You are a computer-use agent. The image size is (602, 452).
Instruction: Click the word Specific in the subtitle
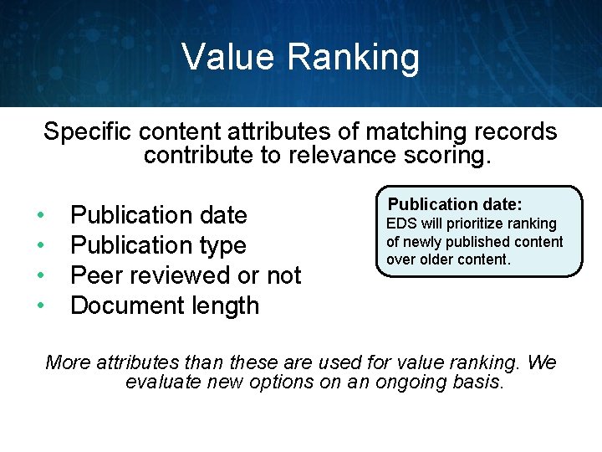89,132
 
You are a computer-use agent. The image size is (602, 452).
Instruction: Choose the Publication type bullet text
158,246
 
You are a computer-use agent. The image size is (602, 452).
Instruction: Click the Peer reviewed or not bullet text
186,275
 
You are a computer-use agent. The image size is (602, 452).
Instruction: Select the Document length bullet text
165,306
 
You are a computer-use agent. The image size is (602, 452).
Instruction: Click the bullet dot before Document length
40,306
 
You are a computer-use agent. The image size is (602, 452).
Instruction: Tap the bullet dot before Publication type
40,246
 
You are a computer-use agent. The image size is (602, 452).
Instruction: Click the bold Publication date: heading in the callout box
456,204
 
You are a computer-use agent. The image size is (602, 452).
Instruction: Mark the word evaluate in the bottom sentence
162,383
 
